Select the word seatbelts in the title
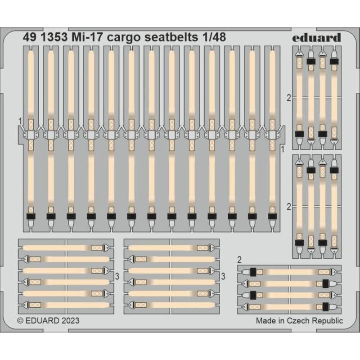tap(171, 37)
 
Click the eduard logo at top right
tap(317, 37)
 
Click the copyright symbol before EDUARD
tap(20, 321)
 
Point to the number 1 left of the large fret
tap(20, 121)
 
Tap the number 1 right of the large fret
tap(283, 149)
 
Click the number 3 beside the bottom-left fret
tap(117, 276)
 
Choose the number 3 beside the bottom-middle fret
tap(223, 276)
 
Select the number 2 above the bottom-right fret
tap(239, 260)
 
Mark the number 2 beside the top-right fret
tap(289, 98)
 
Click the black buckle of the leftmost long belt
tap(31, 216)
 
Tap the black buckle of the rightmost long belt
tap(272, 216)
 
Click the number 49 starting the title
tap(30, 37)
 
